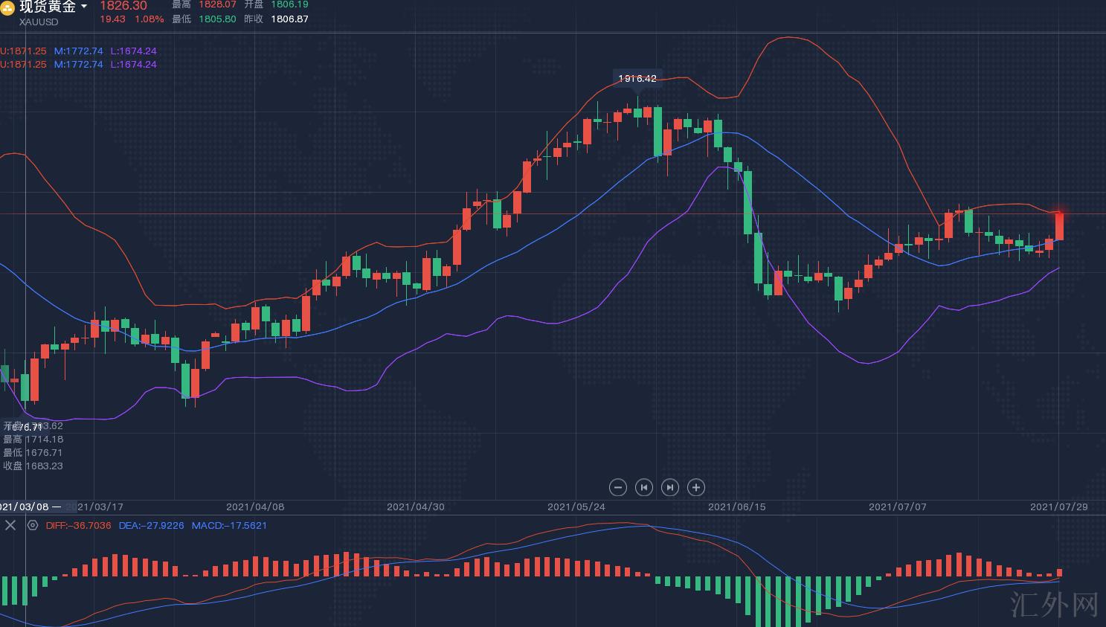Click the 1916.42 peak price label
[637, 78]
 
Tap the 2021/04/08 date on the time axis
[255, 507]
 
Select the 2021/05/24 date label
[576, 507]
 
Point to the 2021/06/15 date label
[736, 507]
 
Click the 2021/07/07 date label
[898, 507]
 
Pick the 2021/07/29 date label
[1058, 507]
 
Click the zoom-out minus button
[617, 487]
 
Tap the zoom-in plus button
[695, 487]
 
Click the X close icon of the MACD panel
[10, 525]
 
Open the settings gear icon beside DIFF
[33, 525]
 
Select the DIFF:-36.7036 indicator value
[78, 525]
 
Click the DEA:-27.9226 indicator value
[151, 525]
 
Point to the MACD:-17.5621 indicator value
[229, 525]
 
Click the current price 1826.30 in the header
[123, 6]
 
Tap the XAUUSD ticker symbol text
[39, 22]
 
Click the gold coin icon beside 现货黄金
[7, 8]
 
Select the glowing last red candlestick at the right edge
[1059, 226]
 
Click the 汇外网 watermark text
[1055, 605]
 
